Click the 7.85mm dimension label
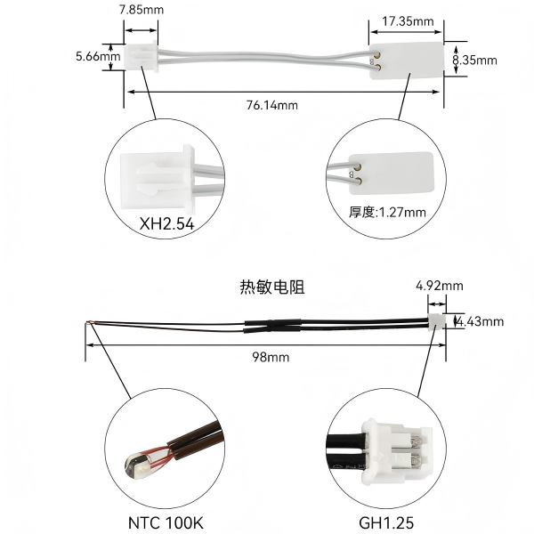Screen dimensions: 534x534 (142, 10)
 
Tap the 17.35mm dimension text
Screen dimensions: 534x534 (408, 21)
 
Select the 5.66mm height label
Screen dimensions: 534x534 (98, 56)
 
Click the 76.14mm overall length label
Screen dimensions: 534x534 (272, 105)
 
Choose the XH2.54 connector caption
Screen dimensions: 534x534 (167, 223)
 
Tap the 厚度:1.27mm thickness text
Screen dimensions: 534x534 (387, 212)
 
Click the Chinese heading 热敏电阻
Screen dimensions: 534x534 (272, 287)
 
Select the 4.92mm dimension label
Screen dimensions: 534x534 (440, 286)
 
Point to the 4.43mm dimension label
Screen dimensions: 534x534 (481, 321)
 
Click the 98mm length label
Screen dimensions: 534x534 (271, 357)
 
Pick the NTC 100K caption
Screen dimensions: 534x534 (166, 522)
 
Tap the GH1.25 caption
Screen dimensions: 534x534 (386, 522)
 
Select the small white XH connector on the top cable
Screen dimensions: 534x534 (141, 57)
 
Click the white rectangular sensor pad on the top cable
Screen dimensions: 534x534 (407, 61)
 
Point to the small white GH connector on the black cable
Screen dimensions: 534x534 (437, 322)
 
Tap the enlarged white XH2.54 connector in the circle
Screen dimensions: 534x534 (158, 177)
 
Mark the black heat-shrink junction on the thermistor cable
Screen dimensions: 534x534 (272, 326)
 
